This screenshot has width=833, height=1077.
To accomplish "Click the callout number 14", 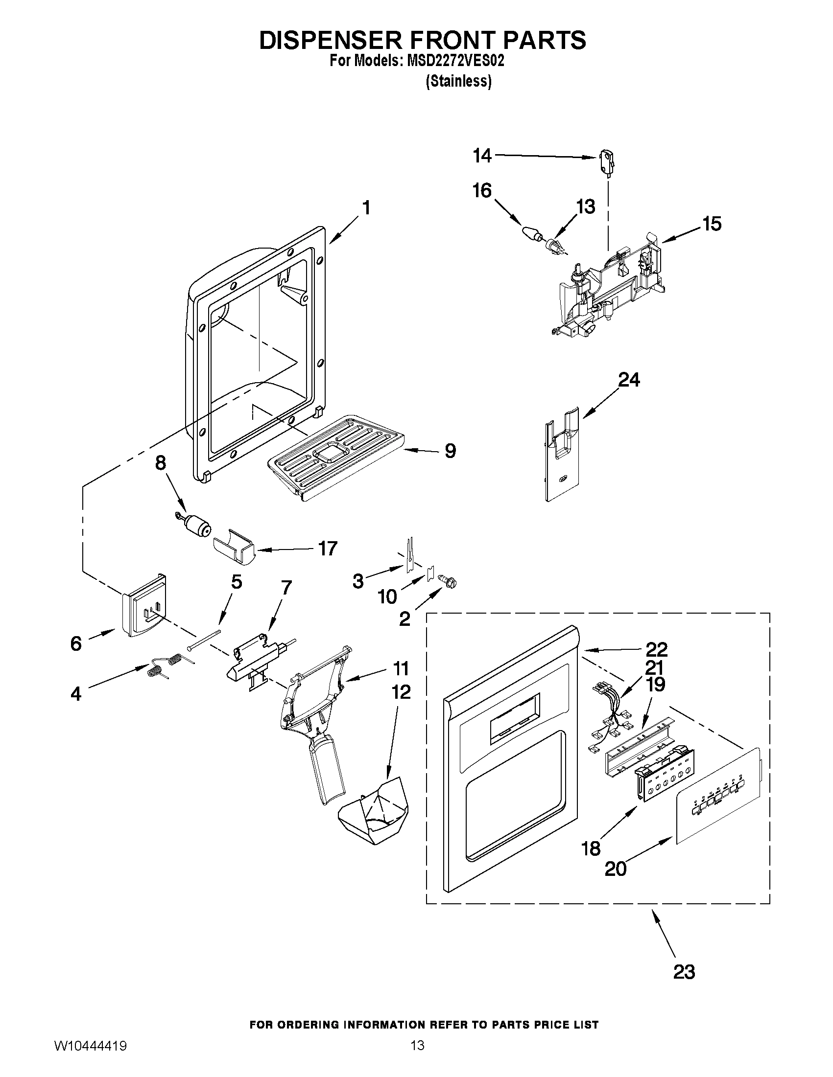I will (x=482, y=156).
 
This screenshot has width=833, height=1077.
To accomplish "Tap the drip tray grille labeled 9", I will (x=335, y=456).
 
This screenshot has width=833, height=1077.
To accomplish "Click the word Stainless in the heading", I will (x=458, y=81).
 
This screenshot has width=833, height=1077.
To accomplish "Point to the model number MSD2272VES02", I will (x=454, y=61).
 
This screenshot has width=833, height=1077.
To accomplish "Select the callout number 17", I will (x=328, y=549).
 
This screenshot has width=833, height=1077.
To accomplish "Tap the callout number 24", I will (x=629, y=380).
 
